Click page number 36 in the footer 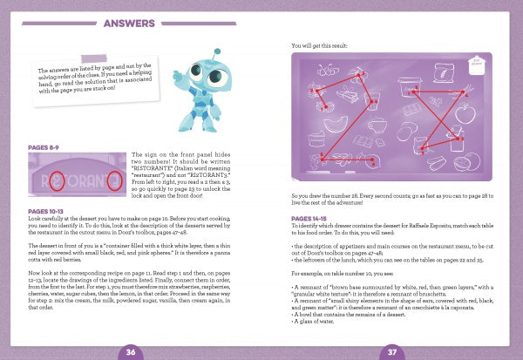pos(131,350)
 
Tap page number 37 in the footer pos(392,350)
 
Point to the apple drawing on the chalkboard pos(464,114)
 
